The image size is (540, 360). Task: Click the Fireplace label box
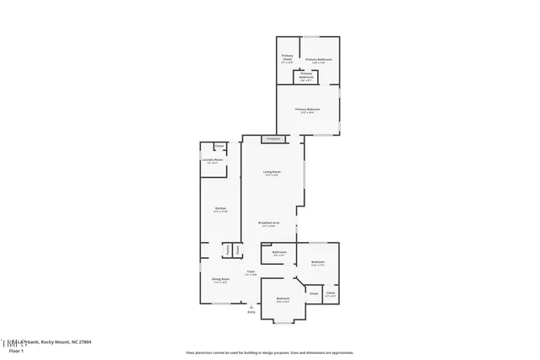click(273, 139)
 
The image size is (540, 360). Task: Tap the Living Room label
click(272, 173)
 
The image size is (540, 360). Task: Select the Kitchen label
click(219, 210)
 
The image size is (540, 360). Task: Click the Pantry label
click(227, 250)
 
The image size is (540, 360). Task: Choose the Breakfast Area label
click(270, 223)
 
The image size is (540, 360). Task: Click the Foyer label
click(251, 272)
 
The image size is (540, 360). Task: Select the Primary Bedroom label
click(307, 110)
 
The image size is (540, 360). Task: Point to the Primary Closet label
click(287, 59)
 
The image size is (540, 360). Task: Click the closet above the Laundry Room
click(219, 147)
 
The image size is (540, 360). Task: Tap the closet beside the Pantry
click(238, 250)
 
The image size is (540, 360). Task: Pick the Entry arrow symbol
click(251, 306)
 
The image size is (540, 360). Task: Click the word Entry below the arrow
click(251, 313)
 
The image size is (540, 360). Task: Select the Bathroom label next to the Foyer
click(279, 253)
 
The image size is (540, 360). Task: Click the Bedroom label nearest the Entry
click(283, 299)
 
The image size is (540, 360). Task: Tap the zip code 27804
click(83, 341)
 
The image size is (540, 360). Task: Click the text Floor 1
click(16, 350)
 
